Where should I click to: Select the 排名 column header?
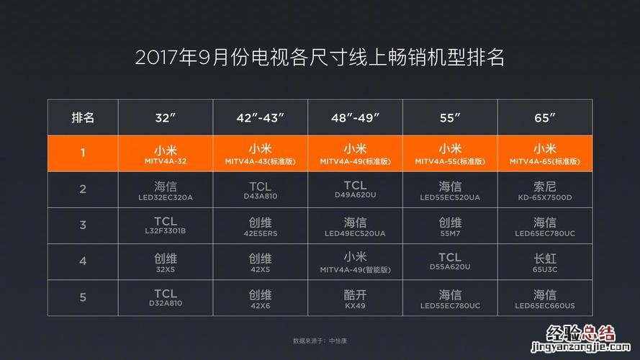click(83, 117)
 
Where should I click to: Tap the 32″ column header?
click(166, 117)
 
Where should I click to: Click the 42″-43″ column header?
click(260, 117)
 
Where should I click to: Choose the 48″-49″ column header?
click(355, 117)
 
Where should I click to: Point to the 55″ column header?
click(450, 117)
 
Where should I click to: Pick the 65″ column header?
click(544, 117)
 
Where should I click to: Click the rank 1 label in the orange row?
click(83, 153)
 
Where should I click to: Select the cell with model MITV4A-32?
click(166, 154)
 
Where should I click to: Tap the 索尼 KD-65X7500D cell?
click(544, 190)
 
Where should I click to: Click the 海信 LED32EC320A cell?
click(166, 190)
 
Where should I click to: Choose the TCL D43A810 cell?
click(260, 190)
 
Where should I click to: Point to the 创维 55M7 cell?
click(450, 226)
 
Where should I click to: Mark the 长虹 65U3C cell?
click(544, 261)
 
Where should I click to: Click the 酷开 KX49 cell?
click(355, 298)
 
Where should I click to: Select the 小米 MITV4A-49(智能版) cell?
click(355, 261)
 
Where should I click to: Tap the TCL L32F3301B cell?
click(166, 226)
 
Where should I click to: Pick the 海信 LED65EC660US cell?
click(544, 298)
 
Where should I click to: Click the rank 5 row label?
click(83, 297)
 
